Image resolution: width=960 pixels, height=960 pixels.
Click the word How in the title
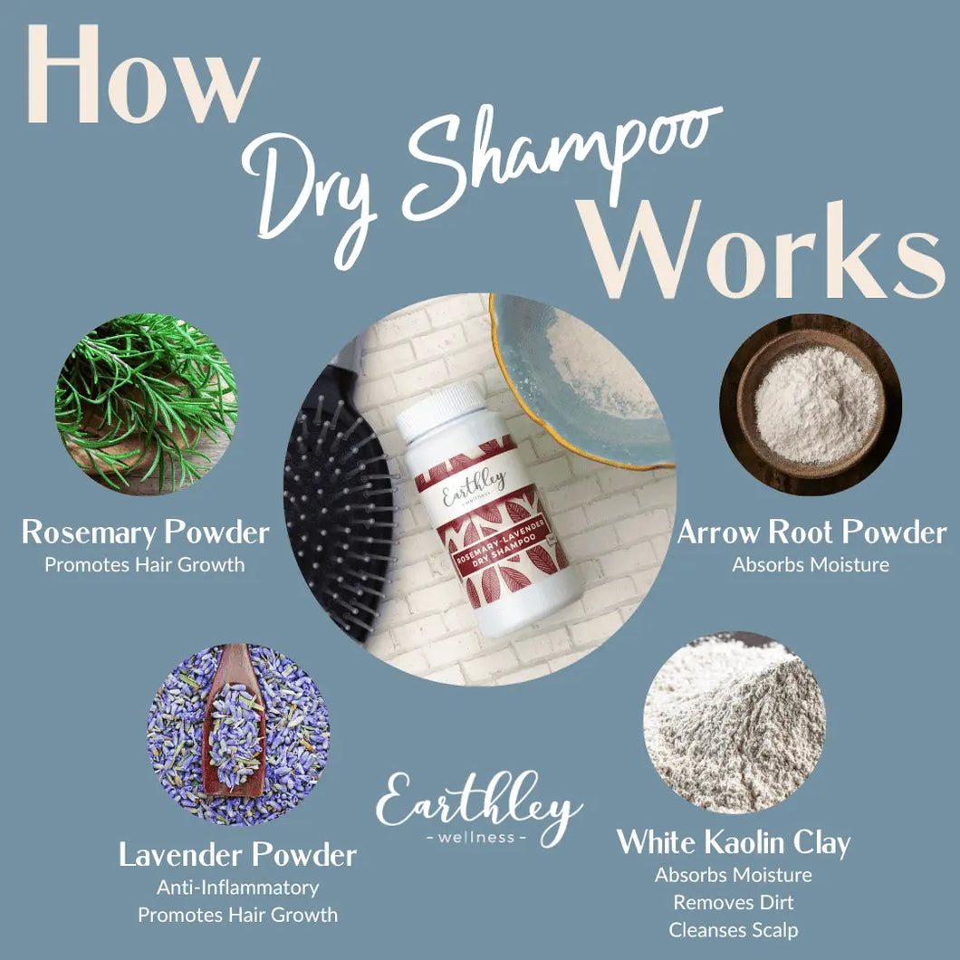point(144,74)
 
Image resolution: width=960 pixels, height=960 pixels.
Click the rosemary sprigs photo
point(146,404)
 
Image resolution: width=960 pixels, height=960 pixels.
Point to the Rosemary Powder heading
point(146,533)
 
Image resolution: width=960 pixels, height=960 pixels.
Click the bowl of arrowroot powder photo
point(810,405)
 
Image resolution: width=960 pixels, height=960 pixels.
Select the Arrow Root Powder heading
point(811,533)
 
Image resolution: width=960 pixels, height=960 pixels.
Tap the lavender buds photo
point(238,734)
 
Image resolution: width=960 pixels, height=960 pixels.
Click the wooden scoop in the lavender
point(234,723)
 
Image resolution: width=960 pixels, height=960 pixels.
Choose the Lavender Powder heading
point(237,855)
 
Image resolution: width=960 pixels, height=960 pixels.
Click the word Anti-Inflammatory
point(237,888)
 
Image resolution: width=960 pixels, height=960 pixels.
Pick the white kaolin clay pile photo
point(734,723)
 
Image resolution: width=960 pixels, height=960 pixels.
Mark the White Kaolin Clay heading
point(734,842)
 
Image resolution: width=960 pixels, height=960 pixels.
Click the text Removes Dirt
point(734,902)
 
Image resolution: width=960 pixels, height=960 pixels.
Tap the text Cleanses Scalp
point(734,930)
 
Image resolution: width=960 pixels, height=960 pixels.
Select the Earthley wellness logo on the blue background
point(479,809)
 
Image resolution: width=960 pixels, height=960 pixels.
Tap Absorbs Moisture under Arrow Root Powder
point(811,564)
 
